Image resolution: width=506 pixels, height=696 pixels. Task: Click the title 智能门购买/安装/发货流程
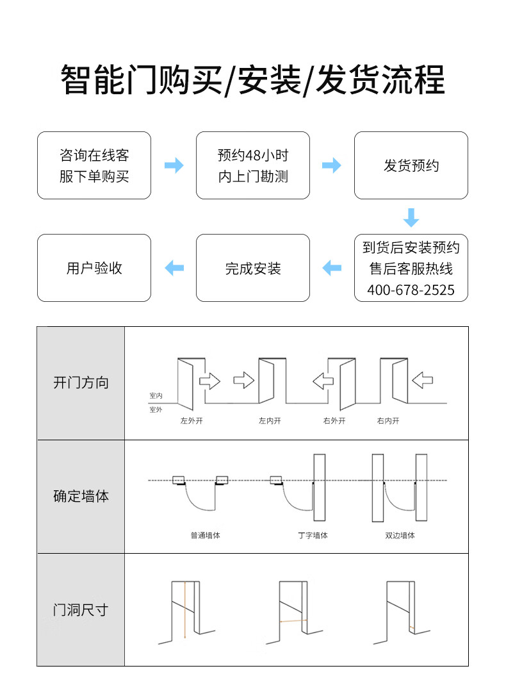coord(252,80)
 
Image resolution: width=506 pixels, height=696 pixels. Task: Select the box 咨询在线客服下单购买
coord(94,165)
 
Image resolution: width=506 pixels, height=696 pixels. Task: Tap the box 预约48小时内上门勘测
coord(253,165)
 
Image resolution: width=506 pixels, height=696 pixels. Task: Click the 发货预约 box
coord(411,165)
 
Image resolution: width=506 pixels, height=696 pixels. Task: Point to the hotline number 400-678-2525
coord(411,290)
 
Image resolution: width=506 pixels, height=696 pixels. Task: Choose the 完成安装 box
coord(253,268)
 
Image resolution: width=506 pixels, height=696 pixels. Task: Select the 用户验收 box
coord(94,268)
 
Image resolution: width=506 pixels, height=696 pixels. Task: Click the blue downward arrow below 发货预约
coord(411,217)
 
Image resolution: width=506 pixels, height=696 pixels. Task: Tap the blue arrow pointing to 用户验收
coord(174,268)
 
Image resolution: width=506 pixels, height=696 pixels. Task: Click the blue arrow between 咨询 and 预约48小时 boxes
coord(174,165)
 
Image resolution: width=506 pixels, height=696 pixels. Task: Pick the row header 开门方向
coord(81,383)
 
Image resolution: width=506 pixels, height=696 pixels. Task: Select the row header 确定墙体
coord(81,495)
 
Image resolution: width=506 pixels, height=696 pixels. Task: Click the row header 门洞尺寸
coord(81,609)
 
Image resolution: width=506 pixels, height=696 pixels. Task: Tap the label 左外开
coord(191,421)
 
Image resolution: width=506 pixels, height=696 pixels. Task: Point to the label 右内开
coord(388,421)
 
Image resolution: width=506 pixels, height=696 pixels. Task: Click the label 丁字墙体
coord(313,535)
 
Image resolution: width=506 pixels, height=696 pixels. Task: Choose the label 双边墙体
coord(400,535)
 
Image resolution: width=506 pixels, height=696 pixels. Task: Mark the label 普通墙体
coord(205,535)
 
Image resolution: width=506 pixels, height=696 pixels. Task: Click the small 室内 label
coord(156,396)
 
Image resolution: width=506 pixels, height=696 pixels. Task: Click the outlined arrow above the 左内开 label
coord(243,381)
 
